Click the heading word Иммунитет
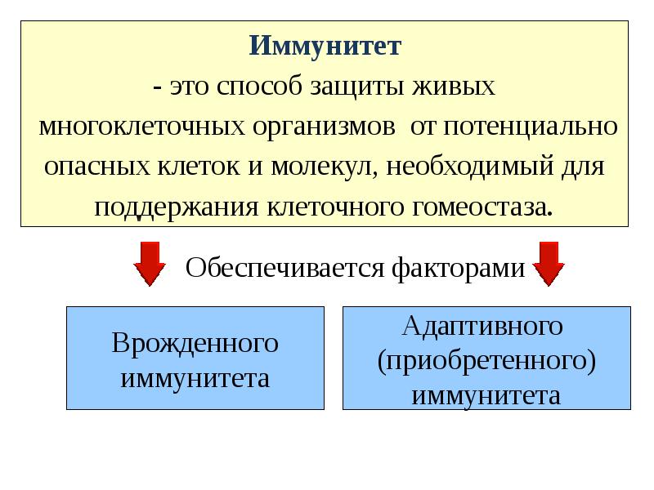click(x=325, y=45)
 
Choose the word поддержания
click(x=176, y=207)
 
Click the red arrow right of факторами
click(x=549, y=263)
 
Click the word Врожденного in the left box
click(x=195, y=344)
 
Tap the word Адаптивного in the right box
click(x=483, y=326)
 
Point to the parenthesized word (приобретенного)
click(x=486, y=361)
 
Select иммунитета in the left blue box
click(x=195, y=379)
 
